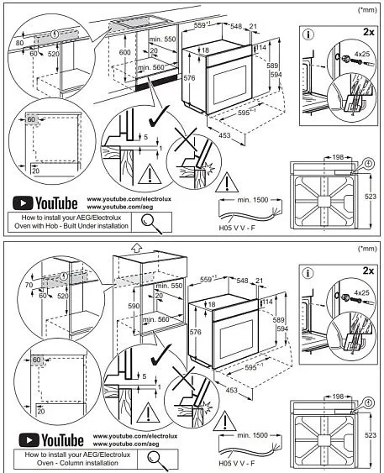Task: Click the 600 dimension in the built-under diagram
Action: [124, 52]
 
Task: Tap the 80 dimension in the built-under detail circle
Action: [21, 40]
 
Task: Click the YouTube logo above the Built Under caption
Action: [45, 203]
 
